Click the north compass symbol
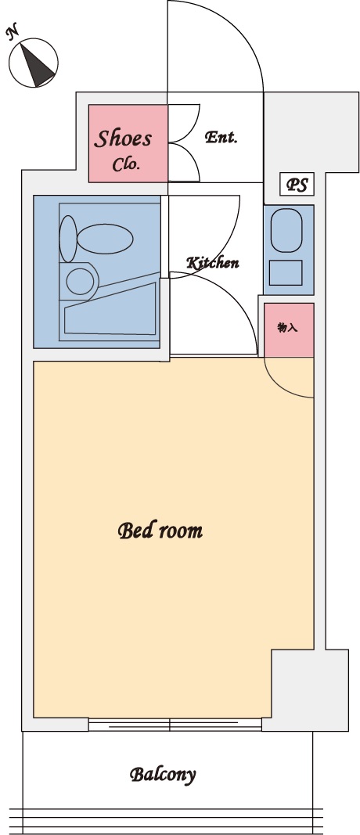click(34, 63)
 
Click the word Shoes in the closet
click(123, 139)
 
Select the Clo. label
click(126, 164)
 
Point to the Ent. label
click(221, 138)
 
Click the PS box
click(297, 185)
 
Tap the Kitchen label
click(213, 262)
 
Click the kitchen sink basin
click(286, 230)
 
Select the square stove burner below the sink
click(286, 272)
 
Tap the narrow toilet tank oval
click(67, 239)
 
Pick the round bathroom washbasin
click(80, 281)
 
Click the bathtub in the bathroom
click(111, 309)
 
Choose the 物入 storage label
click(287, 327)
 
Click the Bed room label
click(160, 531)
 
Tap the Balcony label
click(163, 774)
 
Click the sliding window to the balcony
click(175, 724)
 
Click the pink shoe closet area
click(128, 143)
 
